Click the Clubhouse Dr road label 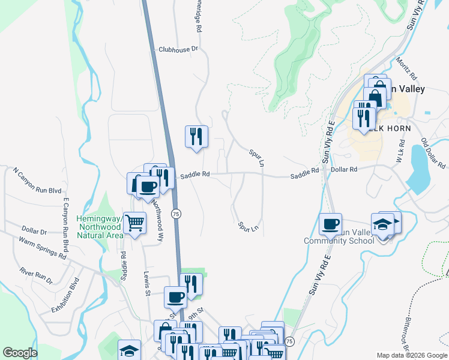178,49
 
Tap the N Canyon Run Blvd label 37,180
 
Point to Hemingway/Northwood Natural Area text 99,223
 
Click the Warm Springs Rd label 42,248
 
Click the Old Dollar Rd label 432,153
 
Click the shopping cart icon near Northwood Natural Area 135,223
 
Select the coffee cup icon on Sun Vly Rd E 330,224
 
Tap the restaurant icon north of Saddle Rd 196,136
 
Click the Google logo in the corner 20,353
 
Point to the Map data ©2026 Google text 411,355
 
